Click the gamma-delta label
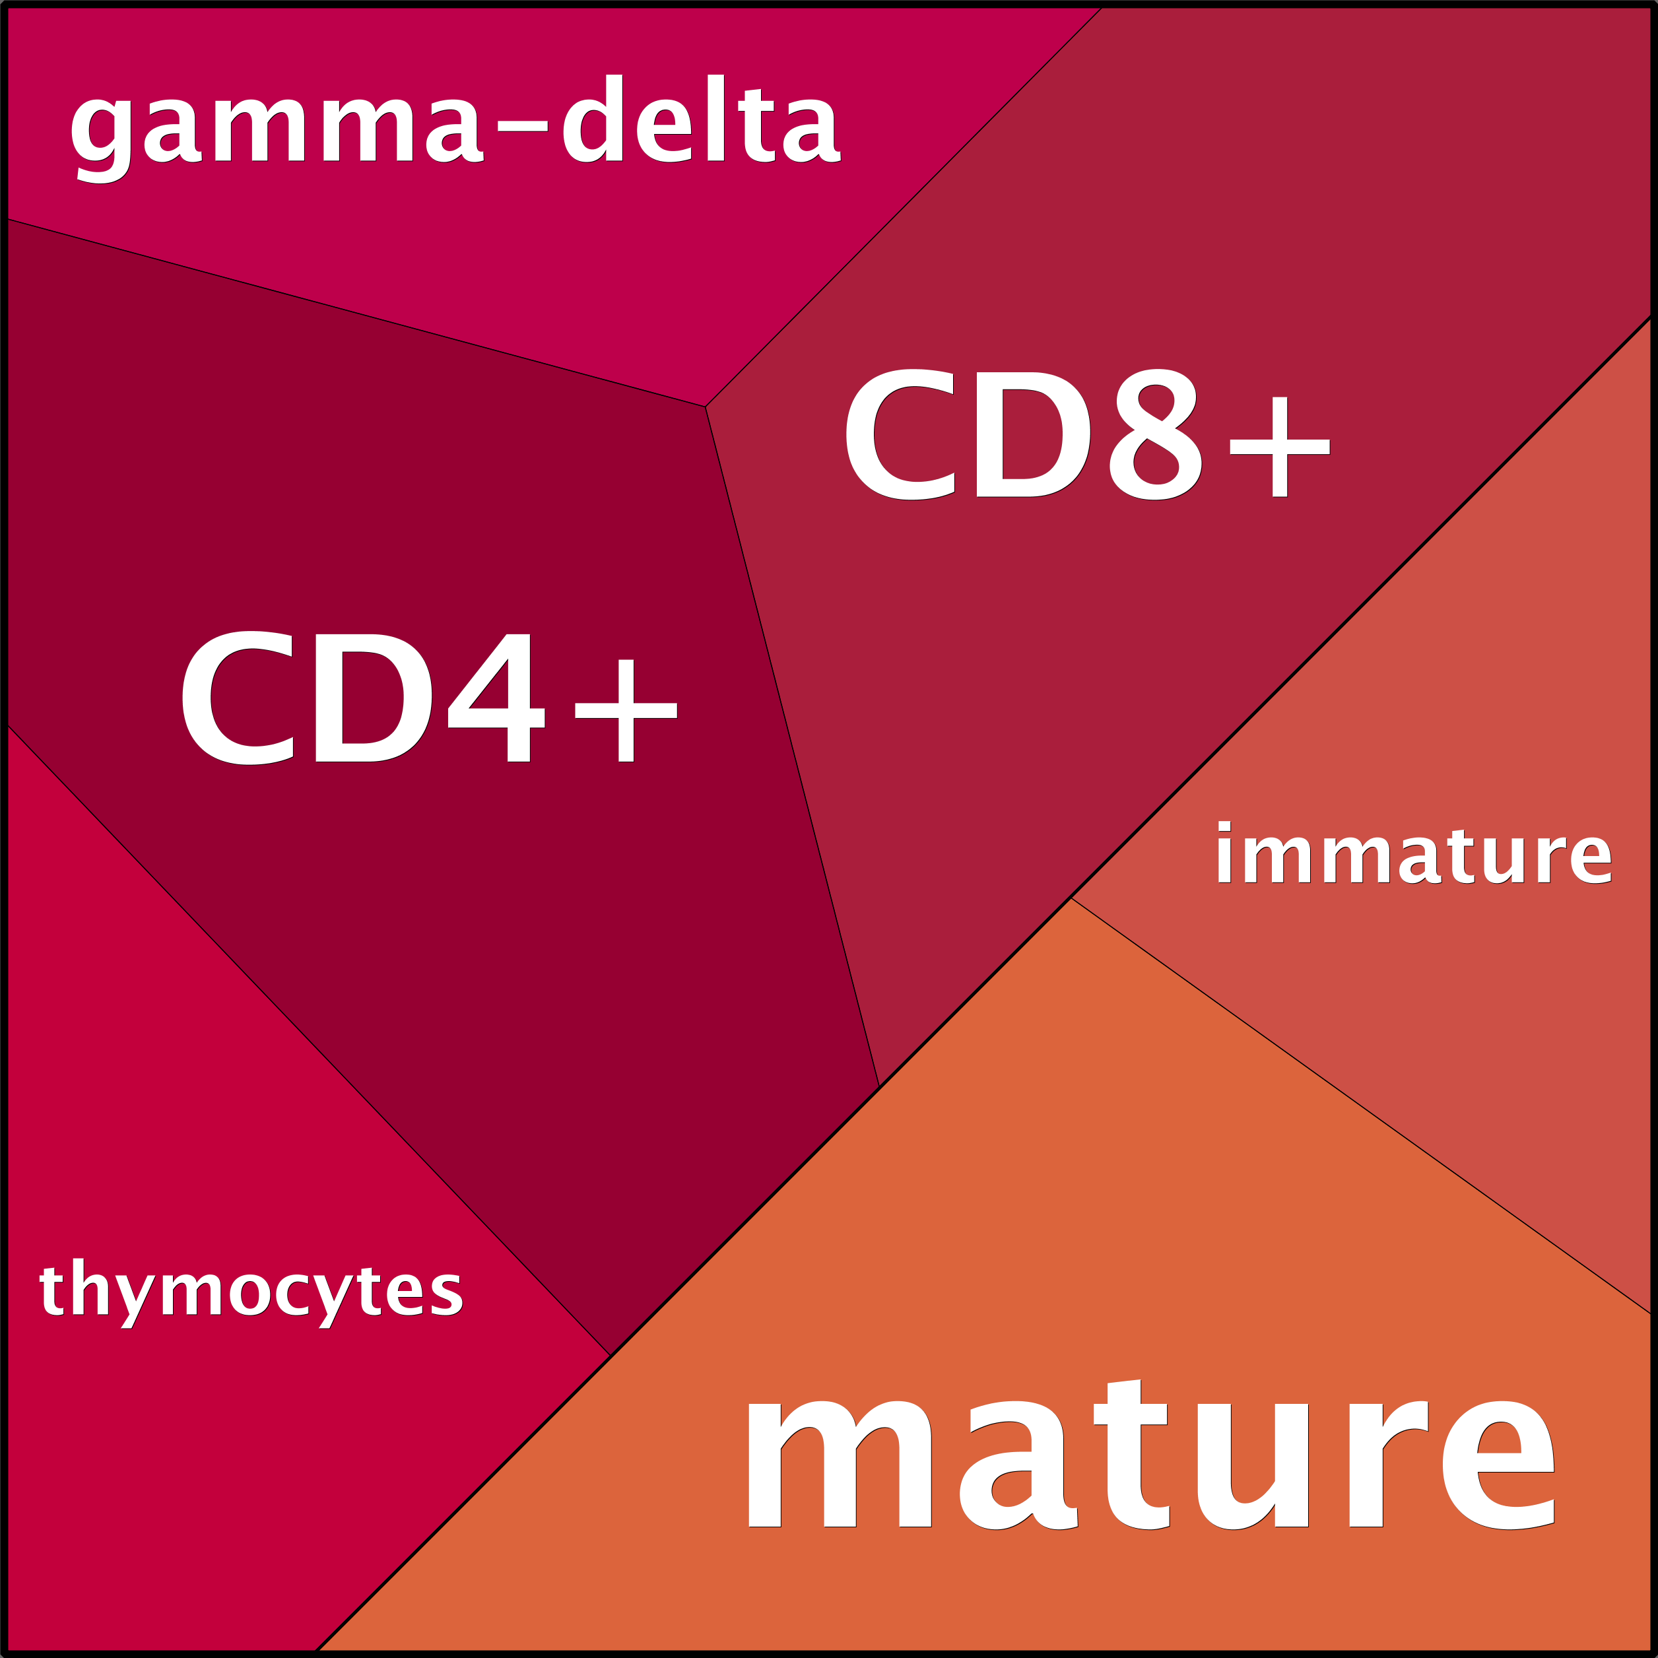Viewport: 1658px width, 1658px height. [x=455, y=129]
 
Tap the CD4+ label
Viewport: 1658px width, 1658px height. [x=430, y=698]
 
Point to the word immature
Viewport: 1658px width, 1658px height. [x=1413, y=852]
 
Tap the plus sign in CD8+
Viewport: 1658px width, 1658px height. [x=1280, y=446]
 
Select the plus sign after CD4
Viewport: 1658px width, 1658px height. [x=626, y=711]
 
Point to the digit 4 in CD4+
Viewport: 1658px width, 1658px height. [x=496, y=698]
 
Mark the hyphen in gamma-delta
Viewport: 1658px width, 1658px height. [x=523, y=126]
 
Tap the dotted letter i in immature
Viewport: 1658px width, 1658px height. [x=1224, y=852]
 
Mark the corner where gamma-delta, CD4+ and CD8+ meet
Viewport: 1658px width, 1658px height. [x=706, y=407]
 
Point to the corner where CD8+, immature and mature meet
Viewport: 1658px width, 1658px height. [x=1071, y=898]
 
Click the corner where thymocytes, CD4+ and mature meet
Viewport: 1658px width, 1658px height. [x=610, y=1356]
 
